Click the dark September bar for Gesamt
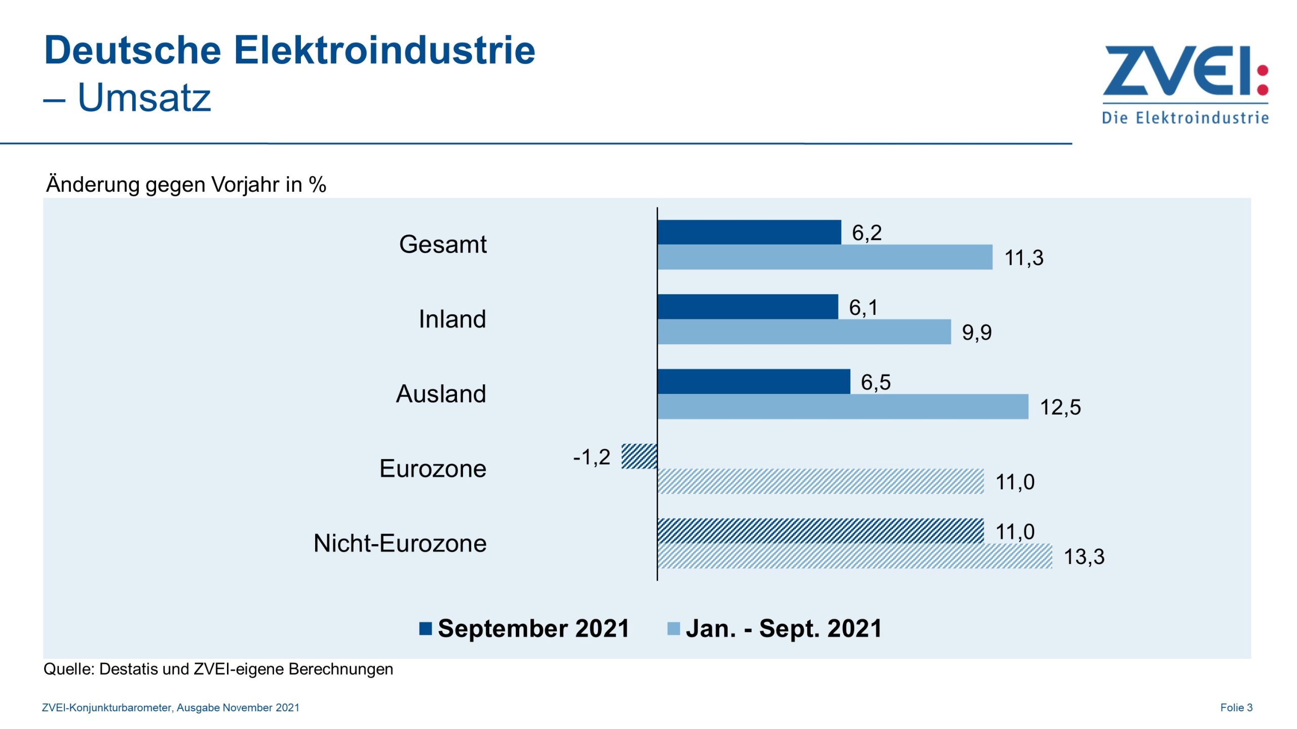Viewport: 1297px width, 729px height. [749, 232]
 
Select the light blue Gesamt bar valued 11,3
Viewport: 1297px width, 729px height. [824, 257]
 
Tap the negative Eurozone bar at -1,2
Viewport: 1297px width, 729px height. [639, 456]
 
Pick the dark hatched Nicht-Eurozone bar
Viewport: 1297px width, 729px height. [820, 531]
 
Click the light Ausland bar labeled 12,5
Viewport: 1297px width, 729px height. [842, 407]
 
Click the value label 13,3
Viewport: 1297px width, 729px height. [1084, 556]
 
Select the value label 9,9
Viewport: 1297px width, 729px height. [976, 332]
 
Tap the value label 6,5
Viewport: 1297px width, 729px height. [875, 382]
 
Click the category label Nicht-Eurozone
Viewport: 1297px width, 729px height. [400, 543]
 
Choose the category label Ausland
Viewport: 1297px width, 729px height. [440, 394]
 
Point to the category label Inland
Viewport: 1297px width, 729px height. [451, 319]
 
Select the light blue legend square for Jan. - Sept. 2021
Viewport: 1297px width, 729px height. [673, 629]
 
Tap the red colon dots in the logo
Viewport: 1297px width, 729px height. [1263, 80]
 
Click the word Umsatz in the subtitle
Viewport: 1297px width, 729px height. [144, 97]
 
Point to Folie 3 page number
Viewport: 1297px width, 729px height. [1236, 708]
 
